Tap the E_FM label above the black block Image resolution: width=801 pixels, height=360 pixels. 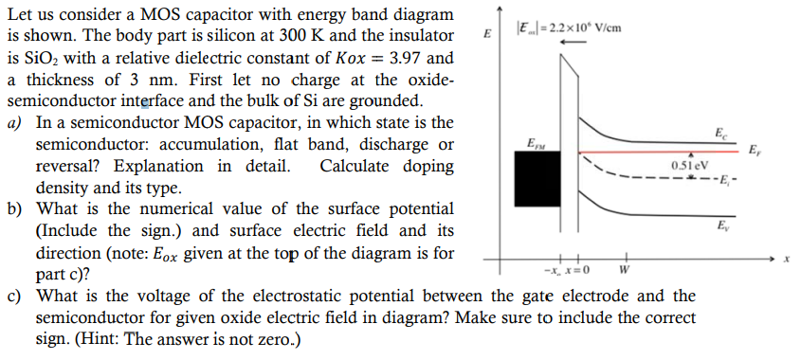coord(535,143)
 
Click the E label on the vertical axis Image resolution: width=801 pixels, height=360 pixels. coord(487,35)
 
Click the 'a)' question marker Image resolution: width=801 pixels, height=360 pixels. coord(15,123)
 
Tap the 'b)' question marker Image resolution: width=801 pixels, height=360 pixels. coord(15,208)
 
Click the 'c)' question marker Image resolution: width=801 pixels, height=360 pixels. coord(15,296)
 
